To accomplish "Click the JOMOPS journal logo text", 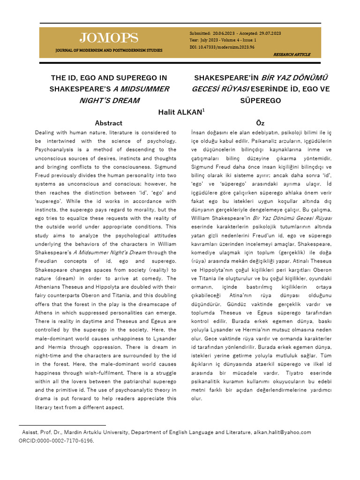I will [109, 38].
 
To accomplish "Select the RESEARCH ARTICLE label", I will [292, 54].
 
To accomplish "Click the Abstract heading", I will [109, 123].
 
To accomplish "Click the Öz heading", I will [260, 123].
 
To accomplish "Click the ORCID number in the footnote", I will [64, 441].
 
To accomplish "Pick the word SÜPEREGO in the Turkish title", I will [260, 100].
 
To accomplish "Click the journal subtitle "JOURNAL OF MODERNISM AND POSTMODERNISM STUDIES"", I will [109, 50].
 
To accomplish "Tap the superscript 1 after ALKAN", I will [202, 110].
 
